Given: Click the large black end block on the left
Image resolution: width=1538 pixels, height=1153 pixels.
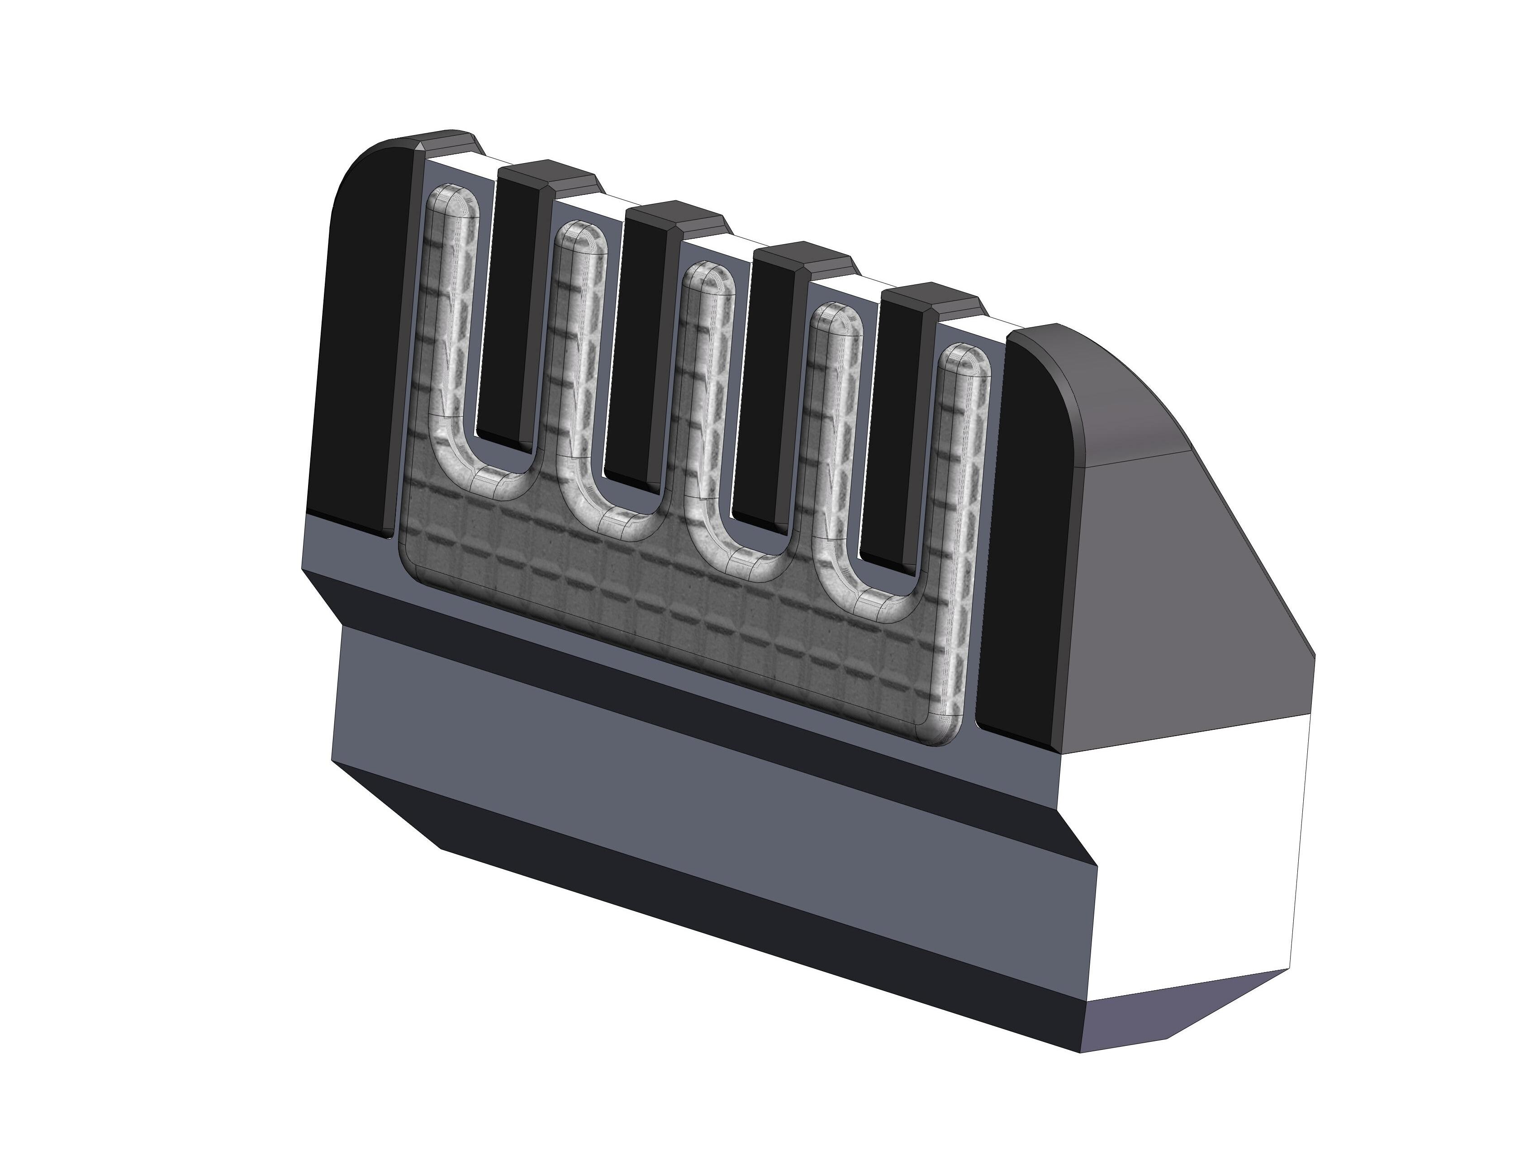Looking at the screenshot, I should (358, 348).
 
